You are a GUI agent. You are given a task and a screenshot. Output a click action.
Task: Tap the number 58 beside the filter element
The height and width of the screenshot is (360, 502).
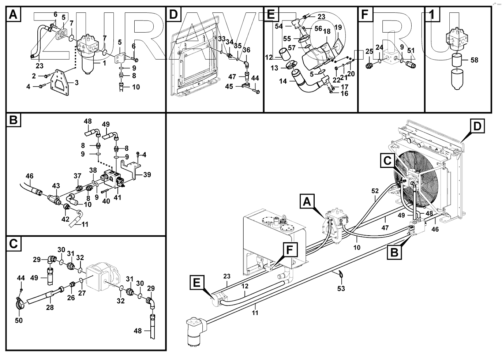474,60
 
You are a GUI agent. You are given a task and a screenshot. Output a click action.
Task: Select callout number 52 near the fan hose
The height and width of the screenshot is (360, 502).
375,191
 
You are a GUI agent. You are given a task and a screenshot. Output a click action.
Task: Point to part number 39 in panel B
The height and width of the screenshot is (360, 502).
147,175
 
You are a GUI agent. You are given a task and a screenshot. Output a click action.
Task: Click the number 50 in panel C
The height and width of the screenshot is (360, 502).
18,320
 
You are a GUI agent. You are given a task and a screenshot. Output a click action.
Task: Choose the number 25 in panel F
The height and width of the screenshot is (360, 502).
369,52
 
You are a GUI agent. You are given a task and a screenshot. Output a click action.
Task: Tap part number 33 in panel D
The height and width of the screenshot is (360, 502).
222,38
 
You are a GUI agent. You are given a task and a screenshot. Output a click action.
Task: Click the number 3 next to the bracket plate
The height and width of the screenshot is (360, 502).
76,83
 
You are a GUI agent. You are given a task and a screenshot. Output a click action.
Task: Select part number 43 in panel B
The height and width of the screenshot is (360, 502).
56,186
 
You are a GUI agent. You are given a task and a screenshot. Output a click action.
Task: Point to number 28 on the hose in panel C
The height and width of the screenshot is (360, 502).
50,307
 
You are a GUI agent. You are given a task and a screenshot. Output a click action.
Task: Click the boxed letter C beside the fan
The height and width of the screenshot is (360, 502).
387,160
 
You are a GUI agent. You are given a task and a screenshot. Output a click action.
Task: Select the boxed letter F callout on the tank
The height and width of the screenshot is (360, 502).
289,250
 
